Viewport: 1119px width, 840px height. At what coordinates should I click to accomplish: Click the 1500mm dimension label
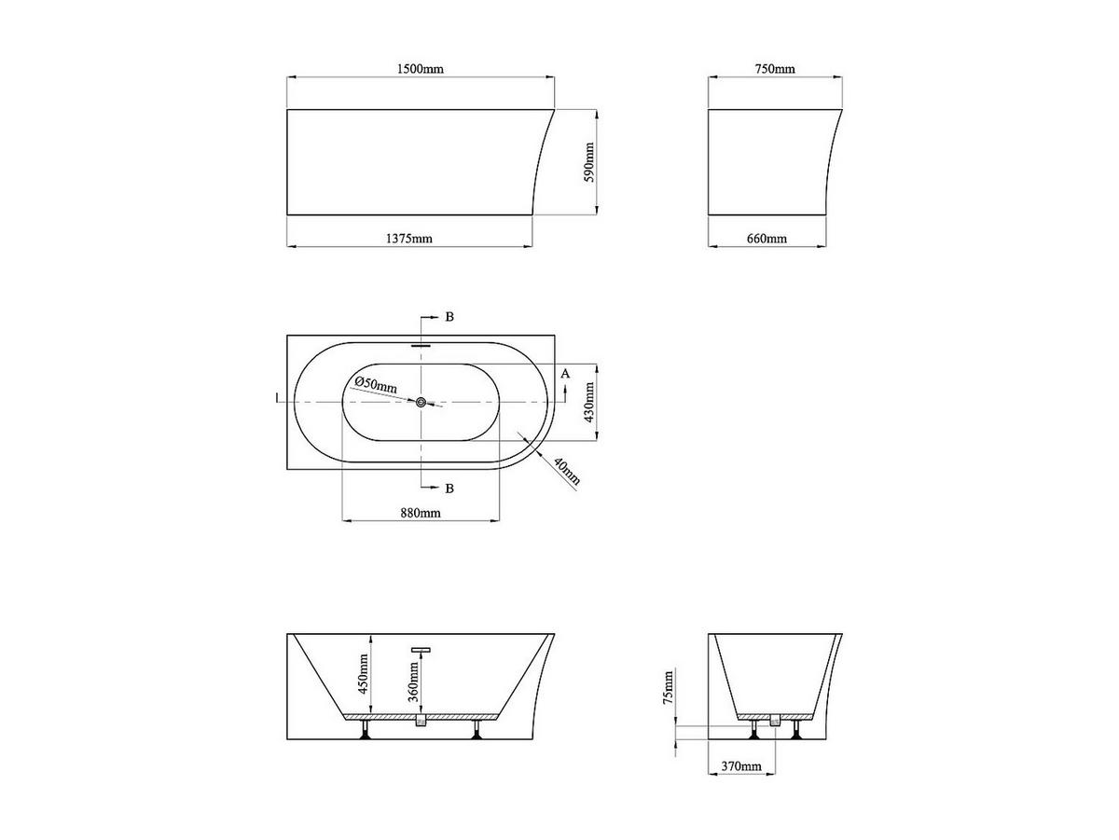(x=420, y=70)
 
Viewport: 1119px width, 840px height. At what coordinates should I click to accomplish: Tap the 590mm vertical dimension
(x=589, y=164)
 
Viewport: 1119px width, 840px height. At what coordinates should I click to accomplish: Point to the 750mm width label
(x=774, y=70)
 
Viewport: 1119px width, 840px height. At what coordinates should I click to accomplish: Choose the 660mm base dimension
(x=767, y=239)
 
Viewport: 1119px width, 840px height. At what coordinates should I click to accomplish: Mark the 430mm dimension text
(x=589, y=403)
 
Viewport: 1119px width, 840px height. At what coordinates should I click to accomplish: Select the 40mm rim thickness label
(x=566, y=472)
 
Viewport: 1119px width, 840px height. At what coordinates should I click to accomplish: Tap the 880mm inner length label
(x=421, y=513)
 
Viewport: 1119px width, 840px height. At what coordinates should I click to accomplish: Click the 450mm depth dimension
(x=364, y=672)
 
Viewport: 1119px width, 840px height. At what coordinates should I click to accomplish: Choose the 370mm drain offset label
(x=741, y=766)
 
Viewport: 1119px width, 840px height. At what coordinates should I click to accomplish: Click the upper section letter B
(x=449, y=317)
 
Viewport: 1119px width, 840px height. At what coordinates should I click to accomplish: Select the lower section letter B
(x=449, y=488)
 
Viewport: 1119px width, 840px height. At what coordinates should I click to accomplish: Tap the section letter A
(x=564, y=373)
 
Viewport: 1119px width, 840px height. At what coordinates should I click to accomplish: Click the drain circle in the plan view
(x=421, y=402)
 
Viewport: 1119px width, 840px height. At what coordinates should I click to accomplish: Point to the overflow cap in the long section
(x=421, y=649)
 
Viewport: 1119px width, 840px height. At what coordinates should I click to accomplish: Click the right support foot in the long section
(x=477, y=731)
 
